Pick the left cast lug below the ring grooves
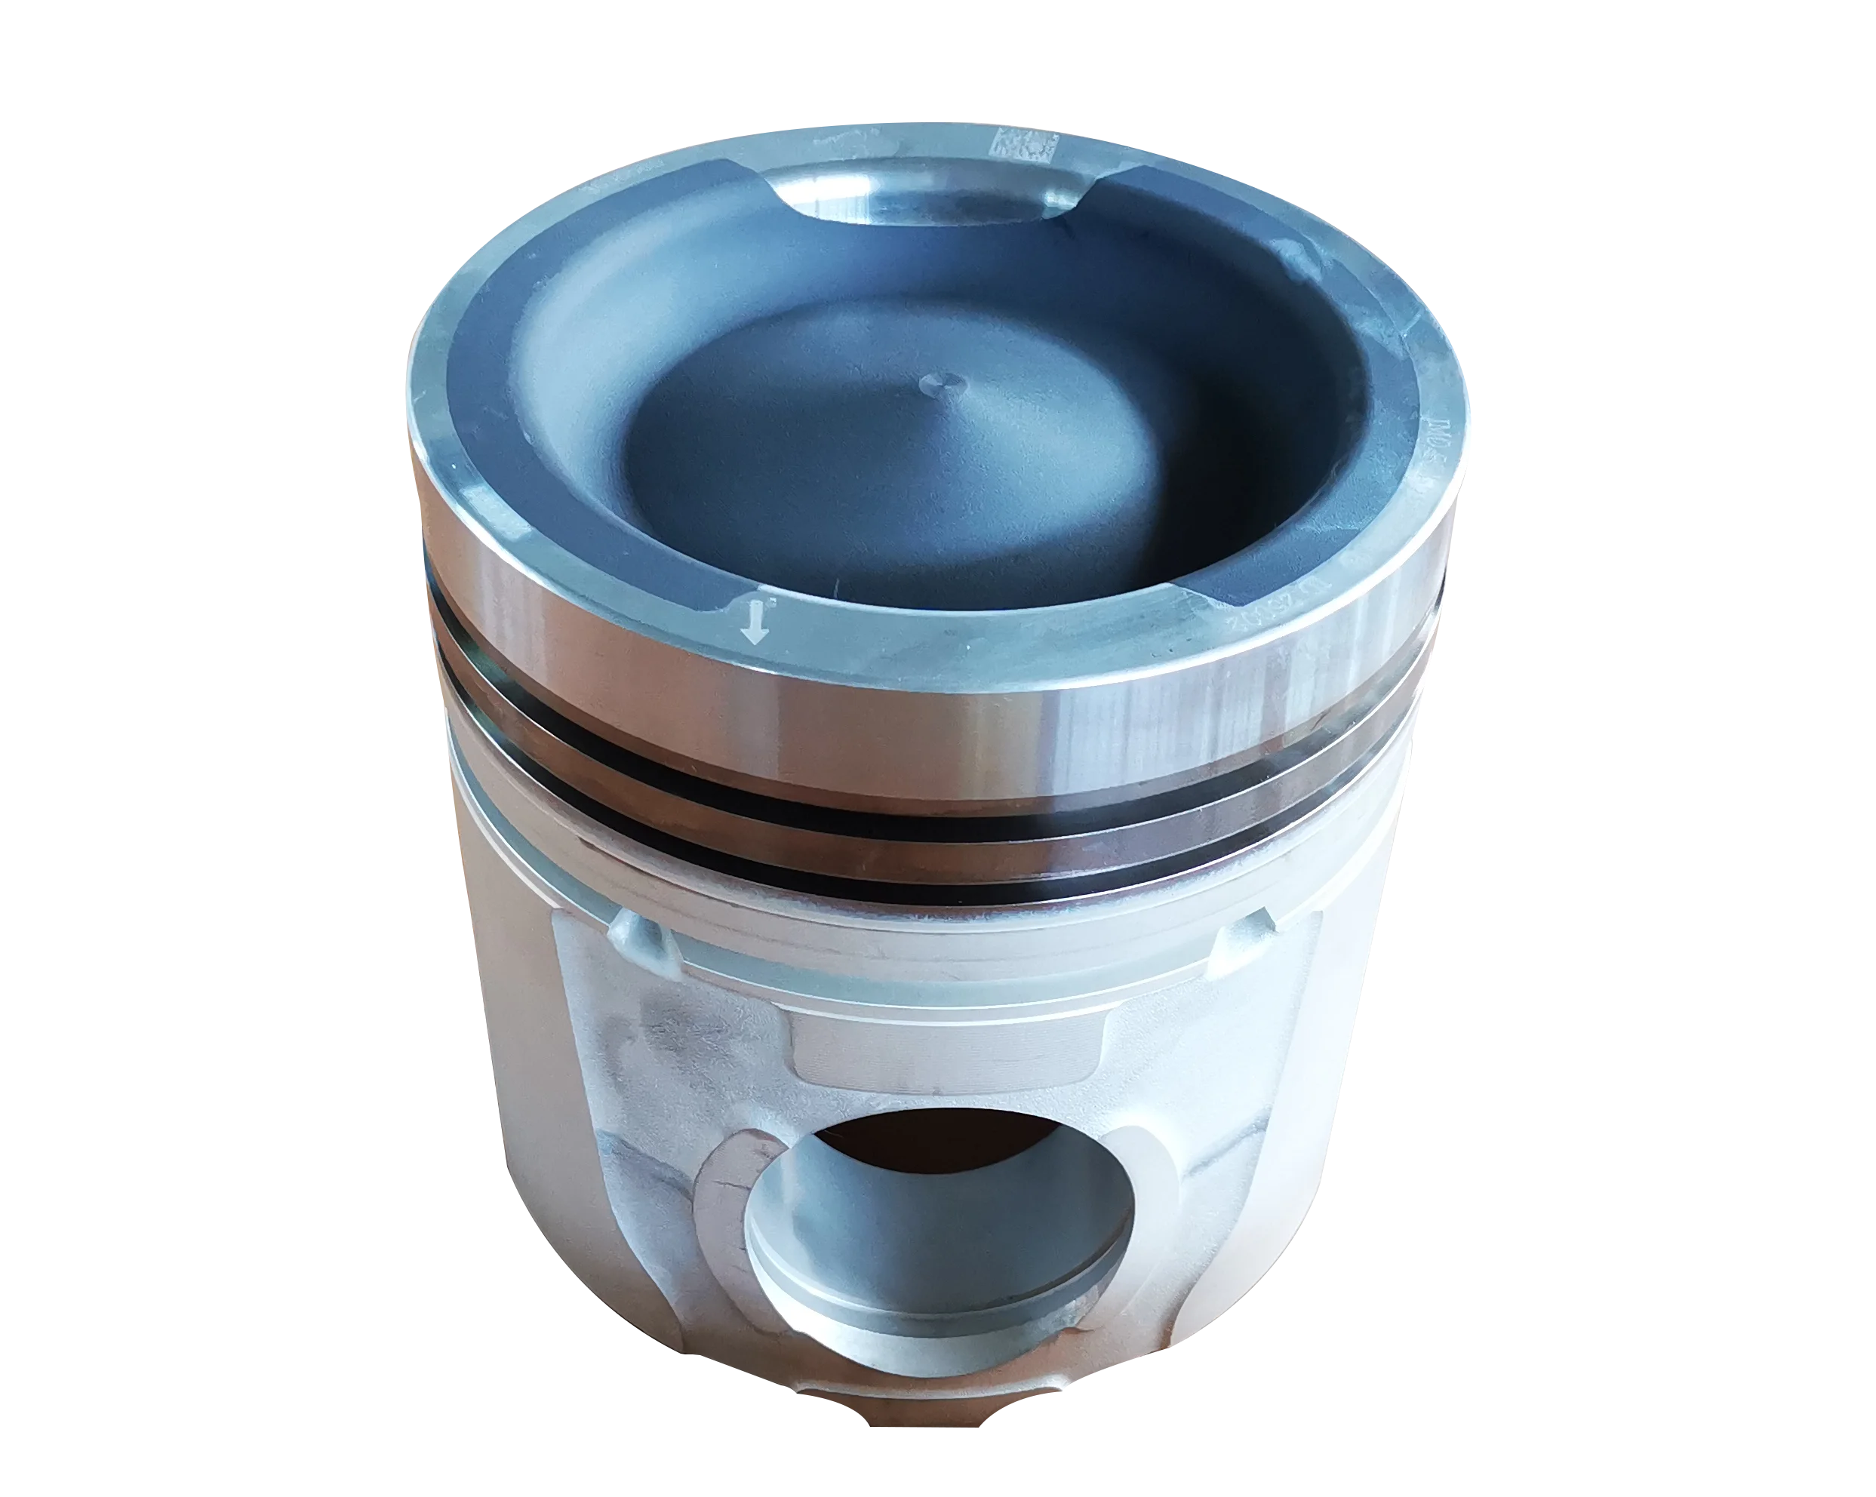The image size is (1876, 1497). coord(642,939)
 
